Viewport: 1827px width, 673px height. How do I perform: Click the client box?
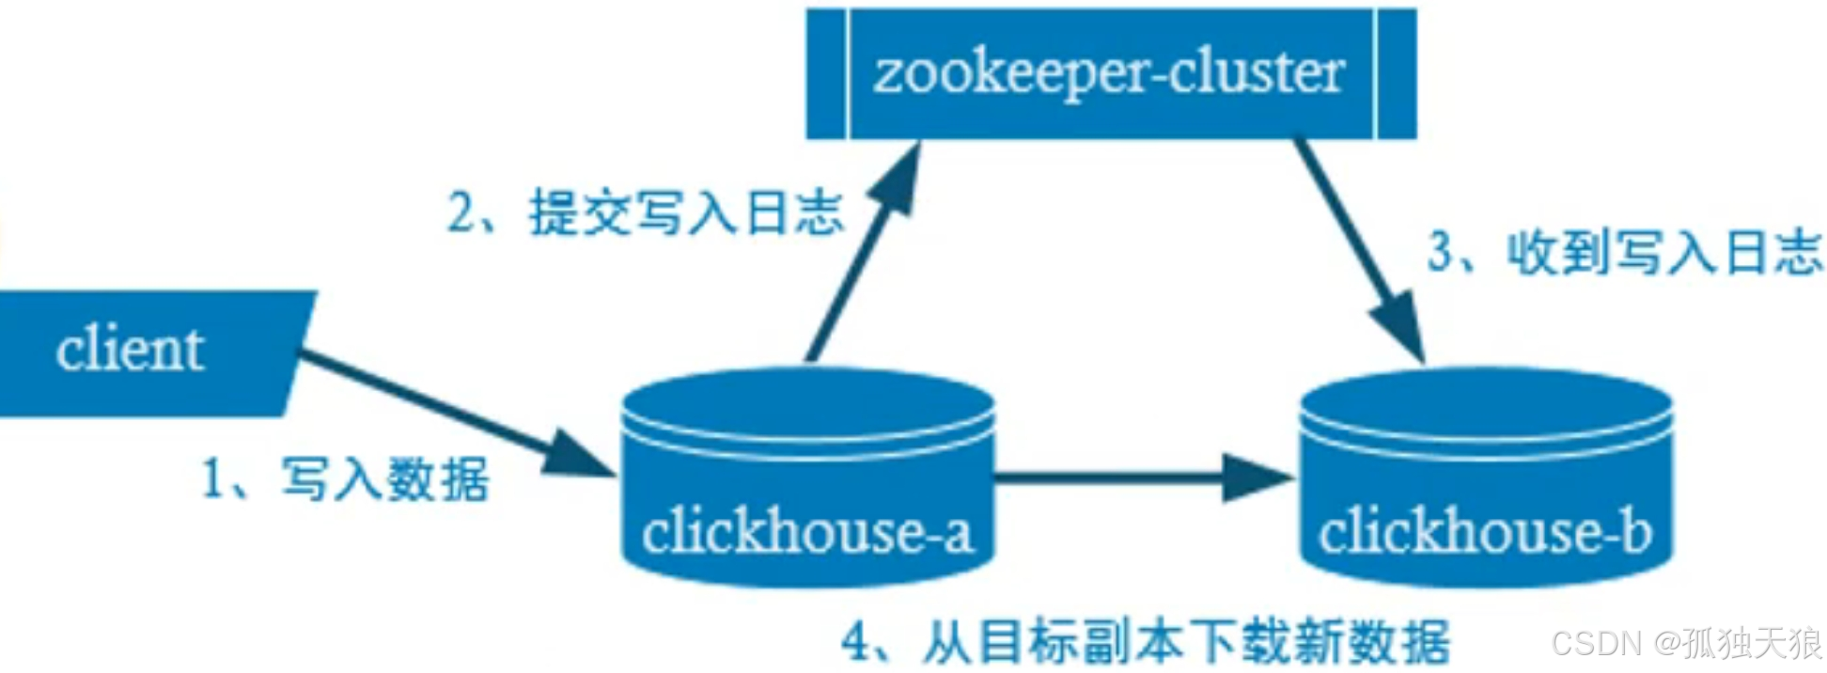[150, 352]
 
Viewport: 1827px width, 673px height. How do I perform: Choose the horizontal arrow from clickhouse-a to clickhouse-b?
[1128, 477]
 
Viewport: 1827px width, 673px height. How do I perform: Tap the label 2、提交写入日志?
[645, 212]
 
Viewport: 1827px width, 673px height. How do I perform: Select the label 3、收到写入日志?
[1624, 252]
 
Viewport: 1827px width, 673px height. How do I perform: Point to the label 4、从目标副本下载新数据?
[1145, 642]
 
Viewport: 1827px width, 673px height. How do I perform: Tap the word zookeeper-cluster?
[1109, 73]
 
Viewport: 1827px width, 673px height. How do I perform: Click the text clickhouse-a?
[806, 532]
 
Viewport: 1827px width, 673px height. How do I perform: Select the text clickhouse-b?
[1485, 532]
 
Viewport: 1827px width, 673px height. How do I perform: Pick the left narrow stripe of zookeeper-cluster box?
[827, 74]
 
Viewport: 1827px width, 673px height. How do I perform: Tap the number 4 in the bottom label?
[858, 642]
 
